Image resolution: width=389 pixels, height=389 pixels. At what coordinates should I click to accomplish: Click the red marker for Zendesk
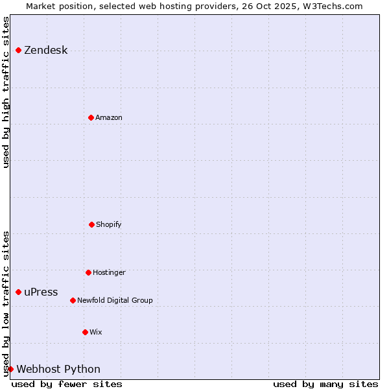pos(18,50)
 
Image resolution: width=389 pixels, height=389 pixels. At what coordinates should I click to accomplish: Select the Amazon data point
pos(91,117)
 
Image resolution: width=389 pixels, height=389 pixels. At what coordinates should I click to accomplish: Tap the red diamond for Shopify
pos(91,224)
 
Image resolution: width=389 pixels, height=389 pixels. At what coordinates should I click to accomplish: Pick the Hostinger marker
pos(88,272)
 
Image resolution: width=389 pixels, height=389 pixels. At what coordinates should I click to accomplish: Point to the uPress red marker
pos(18,292)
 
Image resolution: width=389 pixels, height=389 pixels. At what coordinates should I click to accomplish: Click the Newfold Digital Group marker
pos(73,300)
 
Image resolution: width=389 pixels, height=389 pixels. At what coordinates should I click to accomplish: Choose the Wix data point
pos(85,332)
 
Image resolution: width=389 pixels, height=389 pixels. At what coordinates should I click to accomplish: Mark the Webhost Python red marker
pos(10,369)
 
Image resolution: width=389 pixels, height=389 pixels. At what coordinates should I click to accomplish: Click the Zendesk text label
pos(45,51)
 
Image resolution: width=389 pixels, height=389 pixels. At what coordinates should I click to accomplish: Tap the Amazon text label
pos(109,117)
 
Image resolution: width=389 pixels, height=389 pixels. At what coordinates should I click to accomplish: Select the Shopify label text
pos(109,224)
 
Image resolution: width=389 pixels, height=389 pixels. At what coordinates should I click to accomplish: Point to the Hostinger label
pos(109,272)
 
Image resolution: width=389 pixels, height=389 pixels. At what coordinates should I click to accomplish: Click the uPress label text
pos(41,292)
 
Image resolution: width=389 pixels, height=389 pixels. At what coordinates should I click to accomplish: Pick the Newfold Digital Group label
pos(115,300)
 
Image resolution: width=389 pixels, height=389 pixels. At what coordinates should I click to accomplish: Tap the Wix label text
pos(96,332)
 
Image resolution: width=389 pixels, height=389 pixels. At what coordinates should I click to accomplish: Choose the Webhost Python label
pos(58,370)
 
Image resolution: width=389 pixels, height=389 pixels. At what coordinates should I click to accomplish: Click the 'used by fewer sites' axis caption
pos(67,384)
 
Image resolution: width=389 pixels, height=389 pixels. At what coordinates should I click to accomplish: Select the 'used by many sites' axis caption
pos(325,384)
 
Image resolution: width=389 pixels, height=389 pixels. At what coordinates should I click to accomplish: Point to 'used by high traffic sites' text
pos(6,92)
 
